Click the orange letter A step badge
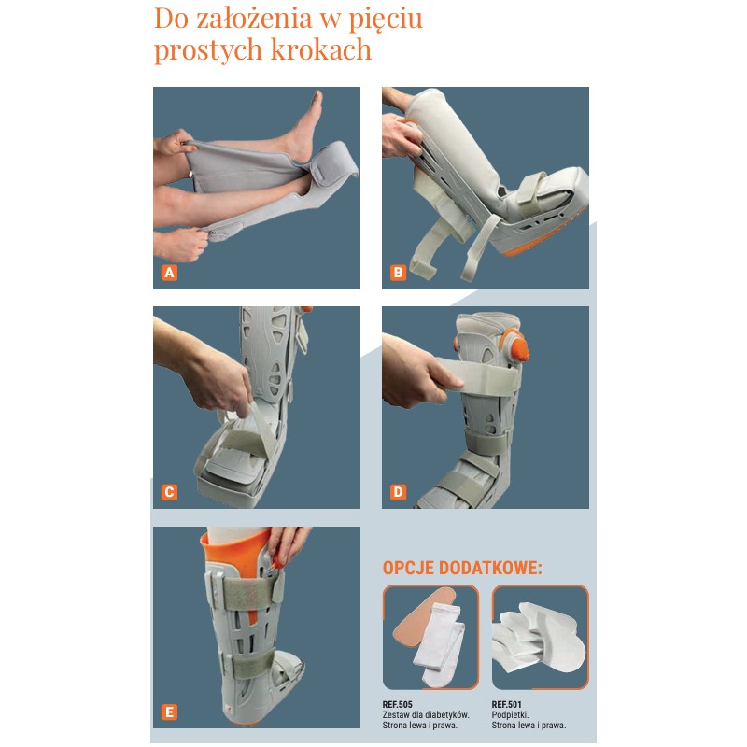coord(169,273)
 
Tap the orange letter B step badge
coord(399,273)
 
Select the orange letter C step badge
coord(169,492)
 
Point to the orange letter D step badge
coord(399,492)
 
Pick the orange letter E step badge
coord(169,712)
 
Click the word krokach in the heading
coord(320,49)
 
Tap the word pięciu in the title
coord(386,20)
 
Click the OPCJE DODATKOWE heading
coord(462,568)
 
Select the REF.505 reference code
coord(398,704)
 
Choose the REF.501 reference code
coord(506,704)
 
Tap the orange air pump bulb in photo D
coord(517,344)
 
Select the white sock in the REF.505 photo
coord(438,644)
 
